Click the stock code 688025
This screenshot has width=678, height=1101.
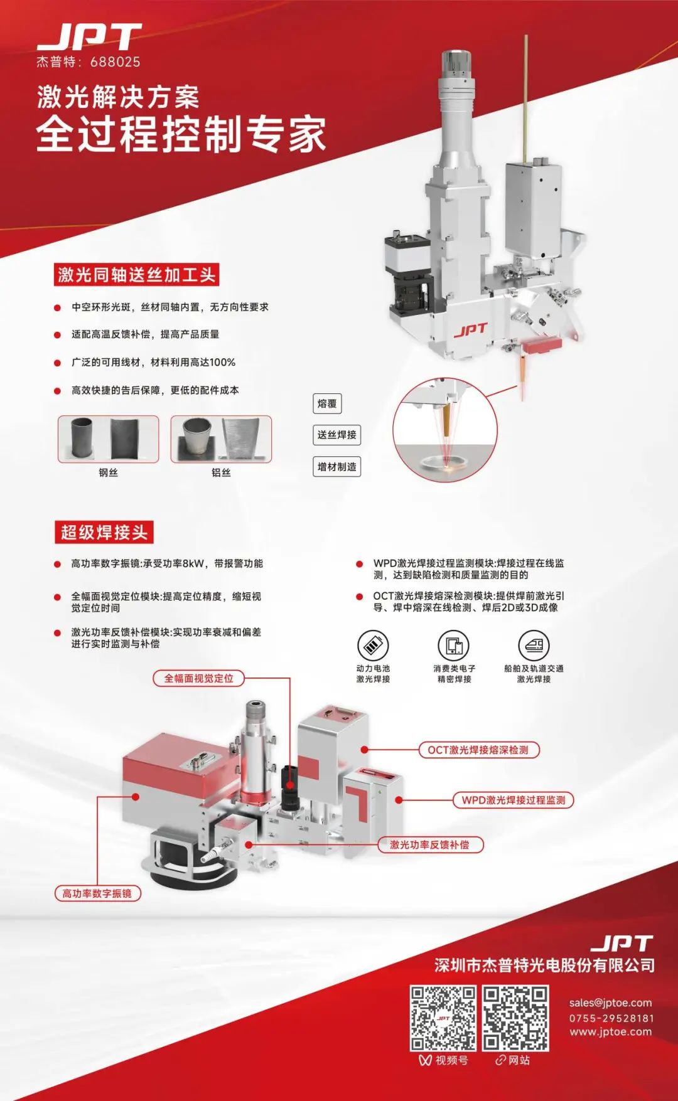coord(115,61)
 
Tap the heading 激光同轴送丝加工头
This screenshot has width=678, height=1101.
coord(137,275)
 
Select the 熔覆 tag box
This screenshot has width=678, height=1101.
coord(327,403)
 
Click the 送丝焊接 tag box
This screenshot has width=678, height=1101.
coord(337,435)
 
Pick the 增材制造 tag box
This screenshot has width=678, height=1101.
coord(337,467)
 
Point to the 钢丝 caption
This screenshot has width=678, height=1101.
coord(108,472)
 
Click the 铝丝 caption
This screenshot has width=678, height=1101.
coord(221,472)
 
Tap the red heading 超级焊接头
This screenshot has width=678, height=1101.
coord(104,533)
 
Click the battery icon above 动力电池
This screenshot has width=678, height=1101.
coord(373,645)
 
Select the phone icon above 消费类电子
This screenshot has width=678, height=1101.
coord(454,645)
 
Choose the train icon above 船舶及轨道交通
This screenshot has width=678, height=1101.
coord(534,645)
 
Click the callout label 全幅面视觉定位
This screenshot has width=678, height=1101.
coord(198,678)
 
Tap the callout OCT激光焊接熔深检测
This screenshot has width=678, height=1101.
coord(478,750)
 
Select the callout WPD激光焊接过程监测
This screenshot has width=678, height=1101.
coord(514,800)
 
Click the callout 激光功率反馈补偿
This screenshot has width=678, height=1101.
coord(430,844)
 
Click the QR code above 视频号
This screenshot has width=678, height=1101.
coord(443,1018)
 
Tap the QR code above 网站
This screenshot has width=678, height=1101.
coord(515,1018)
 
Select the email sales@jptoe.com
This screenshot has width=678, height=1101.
coord(610,1003)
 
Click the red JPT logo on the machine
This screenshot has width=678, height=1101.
coord(470,330)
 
